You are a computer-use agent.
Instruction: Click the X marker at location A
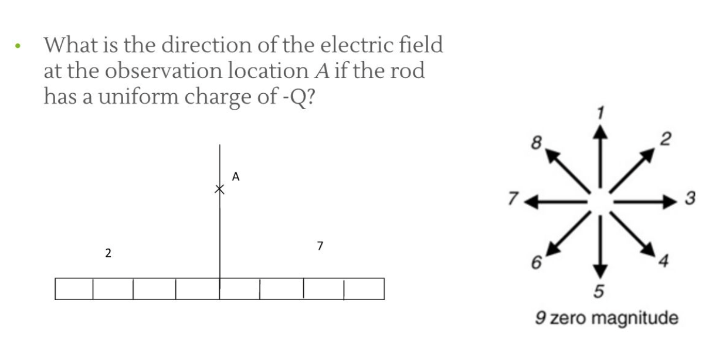(x=219, y=189)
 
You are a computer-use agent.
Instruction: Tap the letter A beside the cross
(x=236, y=176)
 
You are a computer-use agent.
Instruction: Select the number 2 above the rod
(x=107, y=253)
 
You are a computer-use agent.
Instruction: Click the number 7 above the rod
(x=320, y=246)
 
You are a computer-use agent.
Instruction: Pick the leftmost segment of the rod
(x=74, y=289)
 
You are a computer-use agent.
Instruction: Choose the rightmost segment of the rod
(x=364, y=289)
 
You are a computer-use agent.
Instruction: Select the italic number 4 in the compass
(x=663, y=261)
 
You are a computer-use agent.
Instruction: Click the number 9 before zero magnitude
(x=541, y=319)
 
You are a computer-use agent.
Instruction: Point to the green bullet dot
(x=19, y=46)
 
